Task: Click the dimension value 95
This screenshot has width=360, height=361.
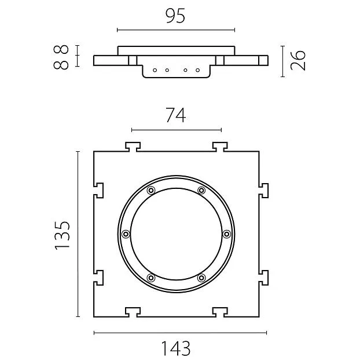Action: (x=175, y=16)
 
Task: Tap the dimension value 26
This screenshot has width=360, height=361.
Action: (x=298, y=60)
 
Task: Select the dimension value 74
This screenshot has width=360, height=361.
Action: (x=176, y=115)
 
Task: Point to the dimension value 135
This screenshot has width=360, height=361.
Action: (x=62, y=235)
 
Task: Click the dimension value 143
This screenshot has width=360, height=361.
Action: (x=176, y=348)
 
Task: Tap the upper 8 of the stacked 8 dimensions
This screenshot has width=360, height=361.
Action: (x=61, y=49)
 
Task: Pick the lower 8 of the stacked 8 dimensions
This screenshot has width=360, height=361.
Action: (x=61, y=65)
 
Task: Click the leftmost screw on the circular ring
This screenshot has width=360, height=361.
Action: (x=126, y=234)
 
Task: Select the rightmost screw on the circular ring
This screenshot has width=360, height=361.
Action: (x=226, y=234)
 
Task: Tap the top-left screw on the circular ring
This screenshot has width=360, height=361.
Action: (x=151, y=191)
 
